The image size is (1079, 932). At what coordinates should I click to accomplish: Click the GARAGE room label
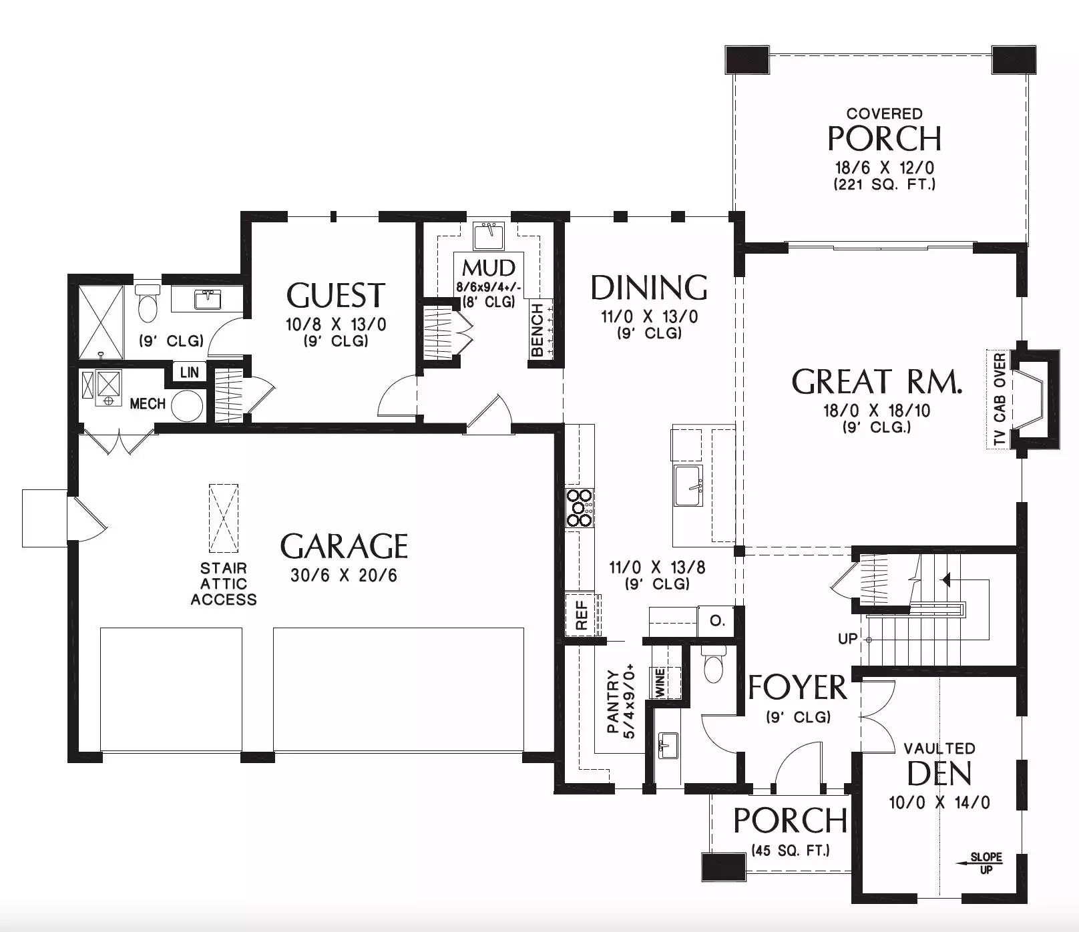click(x=344, y=546)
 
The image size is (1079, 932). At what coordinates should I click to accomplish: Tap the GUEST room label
click(x=336, y=296)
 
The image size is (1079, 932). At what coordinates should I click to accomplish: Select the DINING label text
click(x=649, y=288)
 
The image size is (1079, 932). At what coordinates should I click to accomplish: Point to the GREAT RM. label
click(x=877, y=382)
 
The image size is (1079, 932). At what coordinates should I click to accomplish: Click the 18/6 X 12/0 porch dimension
click(x=885, y=167)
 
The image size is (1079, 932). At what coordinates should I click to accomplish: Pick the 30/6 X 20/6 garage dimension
click(x=344, y=575)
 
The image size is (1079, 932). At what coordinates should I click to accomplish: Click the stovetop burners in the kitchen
click(x=579, y=508)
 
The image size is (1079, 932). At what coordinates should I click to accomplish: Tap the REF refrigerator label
click(x=582, y=615)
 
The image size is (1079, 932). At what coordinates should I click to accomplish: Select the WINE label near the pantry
click(x=660, y=683)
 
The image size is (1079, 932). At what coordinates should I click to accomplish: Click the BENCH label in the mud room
click(x=537, y=330)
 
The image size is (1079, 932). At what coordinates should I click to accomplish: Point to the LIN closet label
click(x=190, y=373)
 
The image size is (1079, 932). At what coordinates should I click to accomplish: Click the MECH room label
click(x=148, y=404)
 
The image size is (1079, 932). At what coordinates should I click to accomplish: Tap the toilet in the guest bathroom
click(x=148, y=304)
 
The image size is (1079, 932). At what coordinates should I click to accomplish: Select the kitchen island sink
click(x=688, y=485)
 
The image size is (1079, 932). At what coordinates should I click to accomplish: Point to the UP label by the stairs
click(x=847, y=639)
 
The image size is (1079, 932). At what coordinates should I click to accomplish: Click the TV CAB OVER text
click(x=999, y=400)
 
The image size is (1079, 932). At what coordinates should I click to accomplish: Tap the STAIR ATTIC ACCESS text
click(x=224, y=584)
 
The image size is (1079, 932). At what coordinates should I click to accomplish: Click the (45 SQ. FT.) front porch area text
click(x=791, y=851)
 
